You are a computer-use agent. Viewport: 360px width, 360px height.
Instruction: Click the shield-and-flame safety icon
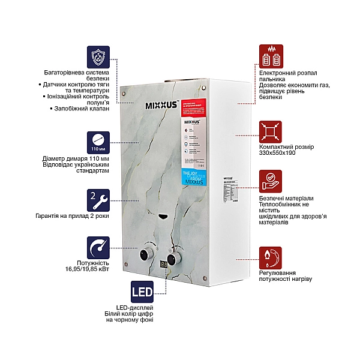click(98, 58)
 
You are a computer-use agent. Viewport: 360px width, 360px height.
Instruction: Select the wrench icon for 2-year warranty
click(98, 199)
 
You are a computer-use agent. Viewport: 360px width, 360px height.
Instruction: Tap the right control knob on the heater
click(175, 259)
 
